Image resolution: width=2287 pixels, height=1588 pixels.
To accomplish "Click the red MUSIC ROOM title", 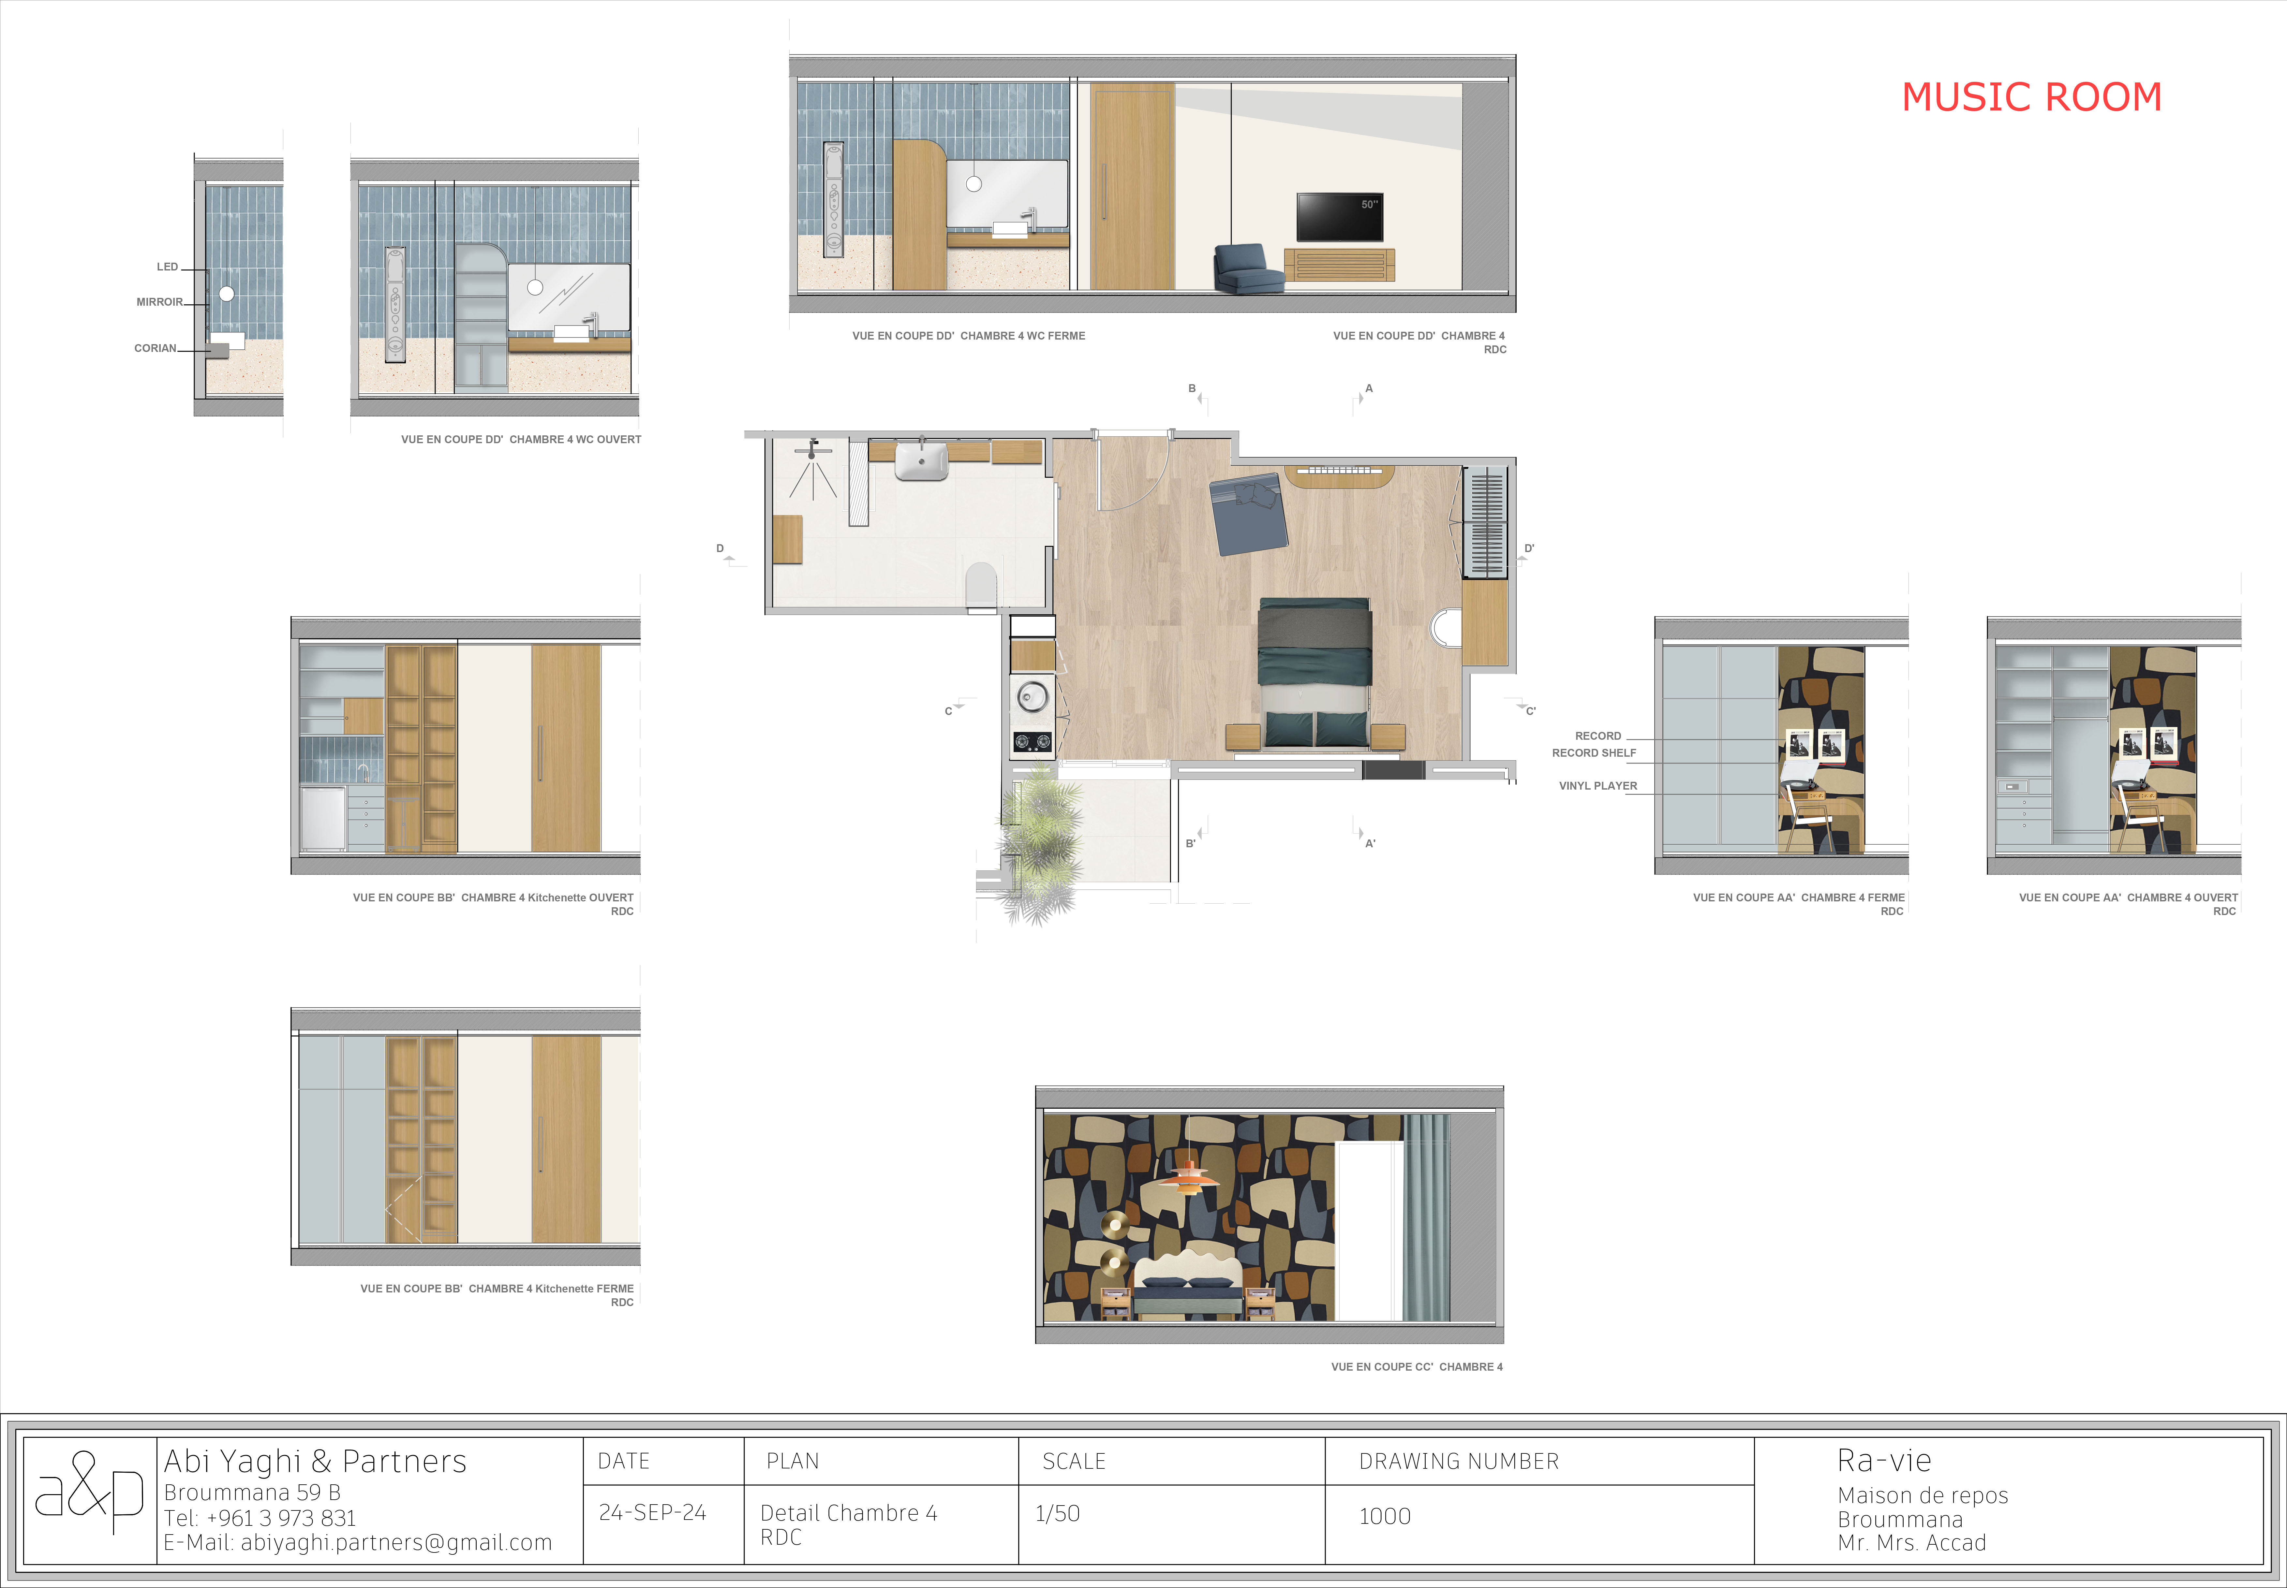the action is (2031, 96).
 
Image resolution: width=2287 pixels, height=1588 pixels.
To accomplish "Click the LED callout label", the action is (167, 267).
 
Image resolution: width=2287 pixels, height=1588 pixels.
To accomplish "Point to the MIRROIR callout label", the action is (159, 301).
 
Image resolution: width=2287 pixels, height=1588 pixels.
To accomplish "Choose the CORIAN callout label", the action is (155, 348).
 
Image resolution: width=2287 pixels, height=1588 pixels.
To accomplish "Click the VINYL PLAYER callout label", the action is (1597, 786).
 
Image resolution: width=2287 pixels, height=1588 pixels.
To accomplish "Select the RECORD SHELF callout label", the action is (1593, 753).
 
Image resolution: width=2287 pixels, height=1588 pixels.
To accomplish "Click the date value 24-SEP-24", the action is (652, 1512).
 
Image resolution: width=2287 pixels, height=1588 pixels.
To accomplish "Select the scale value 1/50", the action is (1057, 1513).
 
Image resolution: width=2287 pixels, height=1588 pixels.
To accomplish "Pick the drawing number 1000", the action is (1384, 1516).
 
